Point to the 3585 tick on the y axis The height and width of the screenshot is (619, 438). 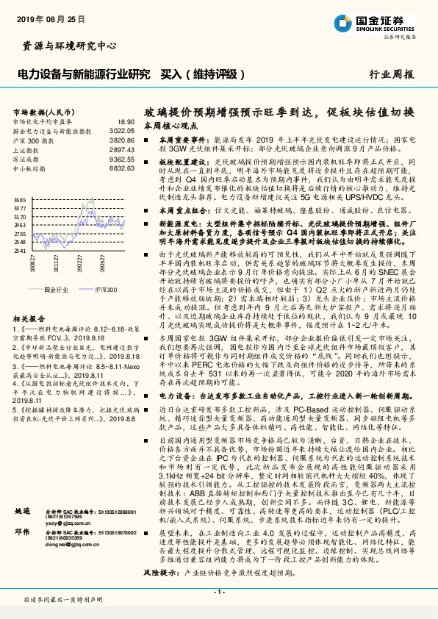coord(21,200)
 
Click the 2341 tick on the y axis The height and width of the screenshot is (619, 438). coord(21,250)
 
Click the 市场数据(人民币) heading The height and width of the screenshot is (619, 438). coord(41,112)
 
